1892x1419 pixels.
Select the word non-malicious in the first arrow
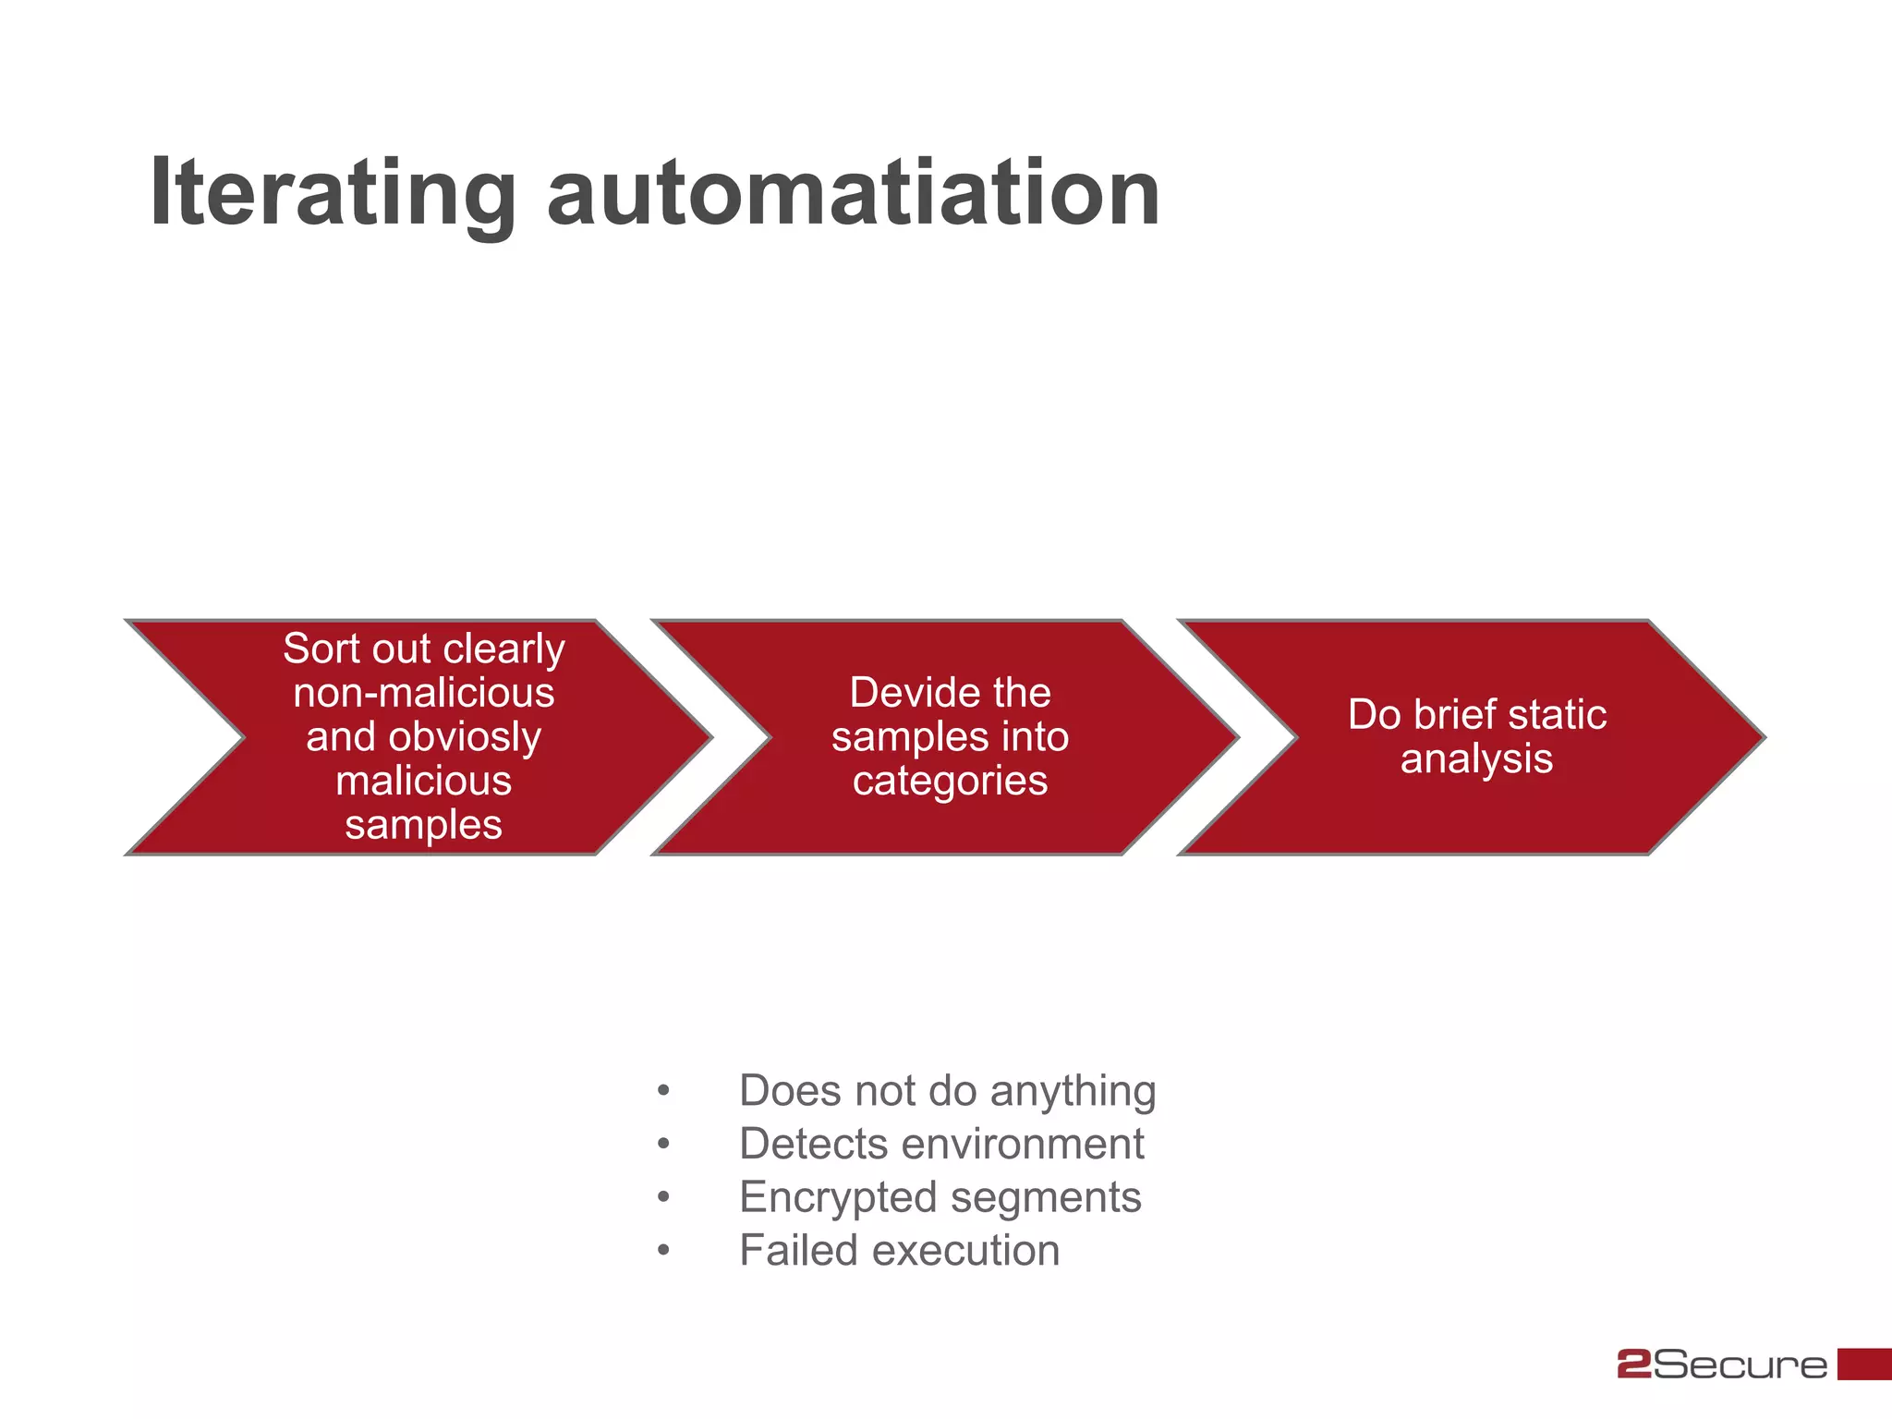point(424,693)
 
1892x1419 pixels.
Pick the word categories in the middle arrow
point(950,782)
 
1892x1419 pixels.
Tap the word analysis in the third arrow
point(1476,759)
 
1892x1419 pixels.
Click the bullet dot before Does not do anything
point(663,1092)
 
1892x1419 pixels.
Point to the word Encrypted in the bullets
point(837,1198)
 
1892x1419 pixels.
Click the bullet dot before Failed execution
point(663,1252)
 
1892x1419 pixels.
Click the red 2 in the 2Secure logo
point(1634,1364)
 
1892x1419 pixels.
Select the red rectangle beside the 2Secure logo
point(1863,1364)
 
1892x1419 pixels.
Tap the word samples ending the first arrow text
point(424,825)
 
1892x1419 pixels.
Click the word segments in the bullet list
point(1046,1198)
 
